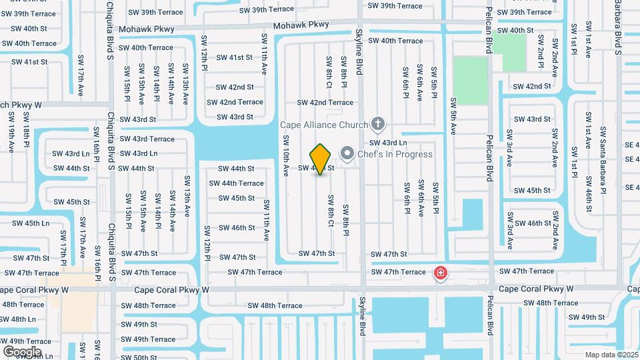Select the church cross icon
click(378, 123)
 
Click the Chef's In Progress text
click(395, 154)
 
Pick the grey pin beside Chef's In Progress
click(347, 154)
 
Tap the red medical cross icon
click(440, 273)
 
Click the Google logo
click(22, 351)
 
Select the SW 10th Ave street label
click(285, 155)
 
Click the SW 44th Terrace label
click(241, 183)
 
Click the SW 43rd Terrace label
click(147, 139)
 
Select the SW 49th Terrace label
click(149, 339)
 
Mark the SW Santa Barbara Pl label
click(602, 160)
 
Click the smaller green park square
click(514, 52)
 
